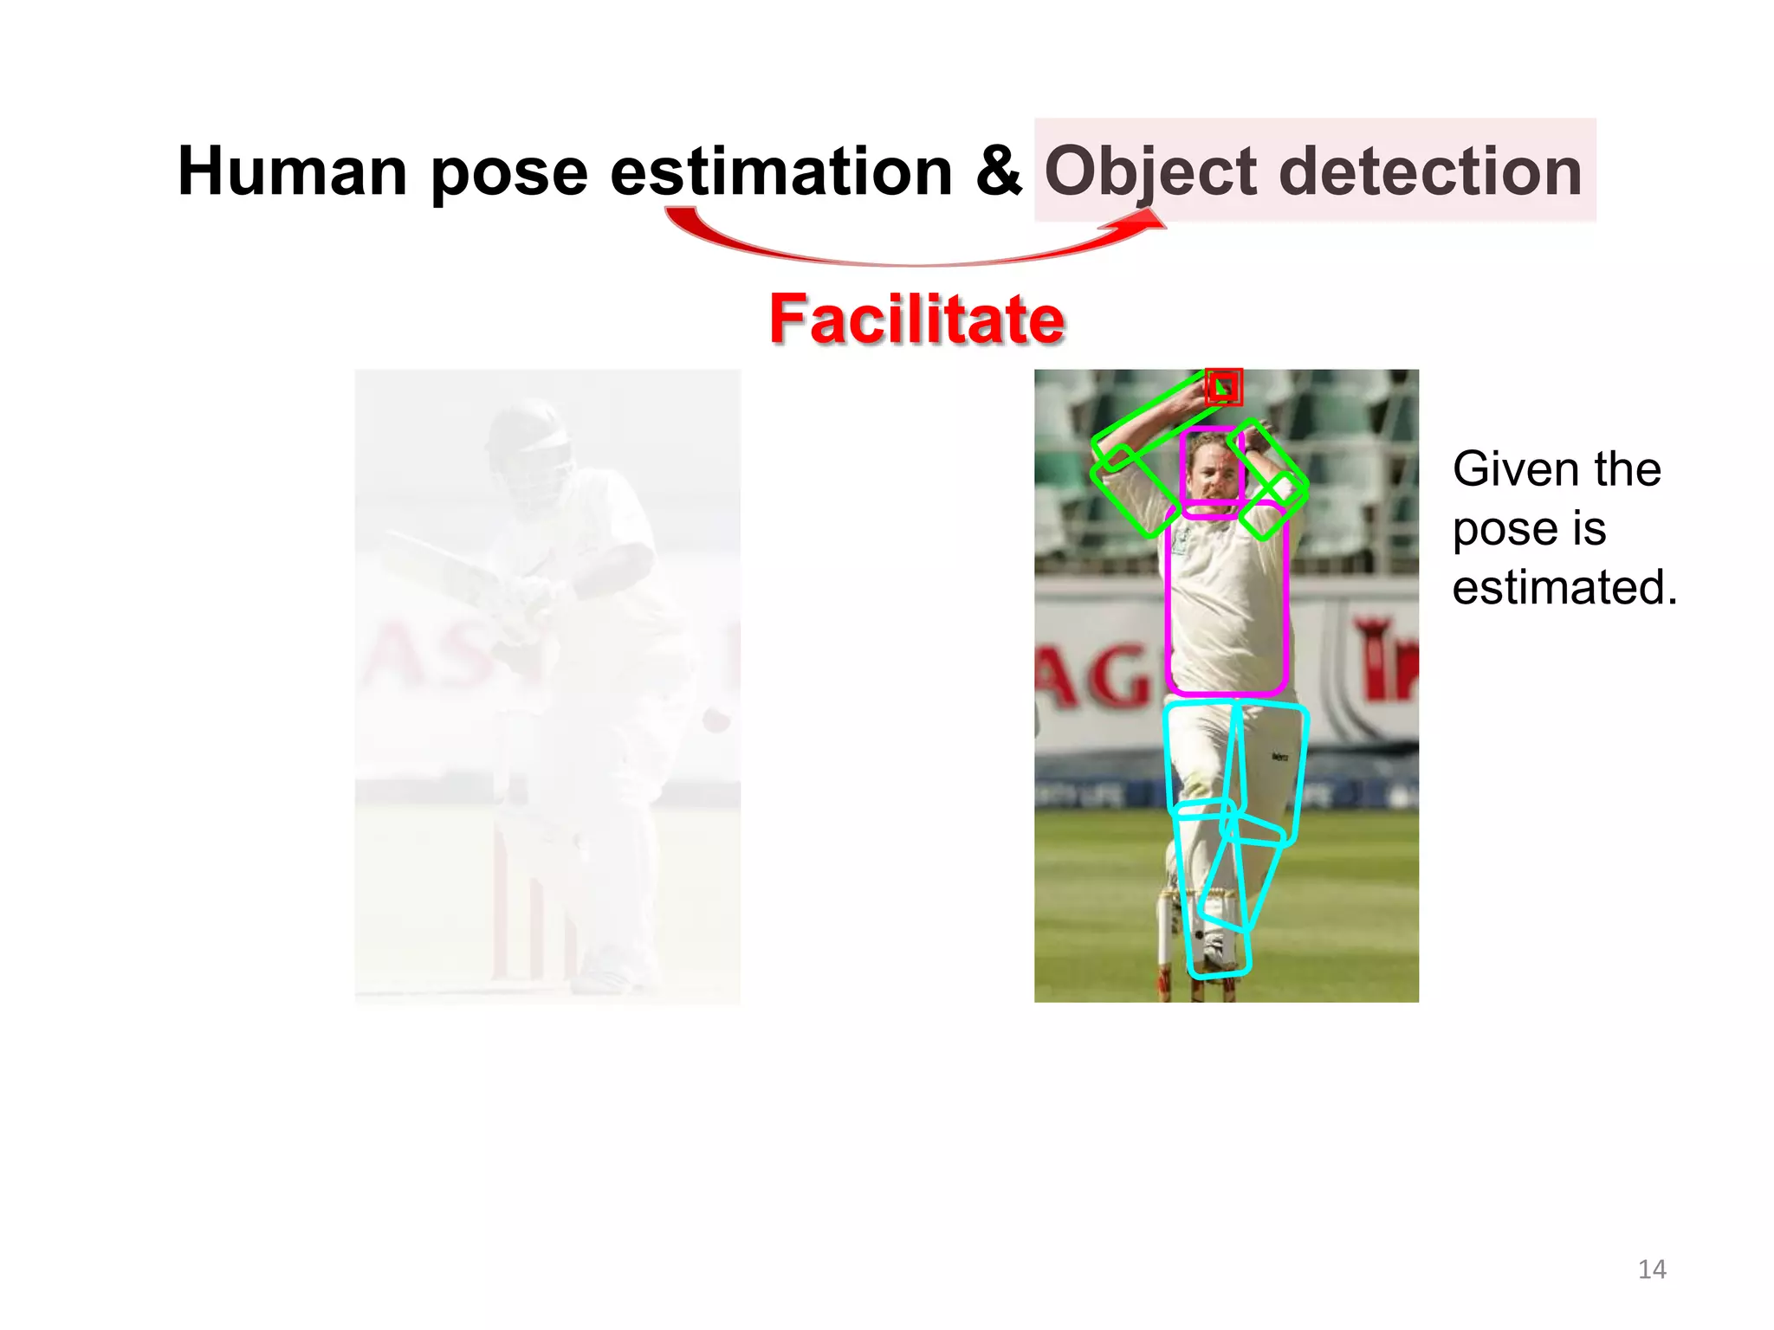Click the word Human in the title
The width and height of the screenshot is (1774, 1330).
(x=292, y=171)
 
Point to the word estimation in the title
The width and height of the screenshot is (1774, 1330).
(x=781, y=171)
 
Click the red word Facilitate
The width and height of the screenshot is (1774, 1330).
(x=916, y=320)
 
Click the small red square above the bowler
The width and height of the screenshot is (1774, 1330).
(x=1223, y=387)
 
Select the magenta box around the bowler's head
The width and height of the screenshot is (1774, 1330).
(x=1183, y=472)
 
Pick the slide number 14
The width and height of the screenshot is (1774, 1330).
(x=1651, y=1269)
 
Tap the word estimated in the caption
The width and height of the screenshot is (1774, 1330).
(x=1564, y=588)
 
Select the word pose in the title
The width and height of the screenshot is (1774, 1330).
(x=508, y=171)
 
